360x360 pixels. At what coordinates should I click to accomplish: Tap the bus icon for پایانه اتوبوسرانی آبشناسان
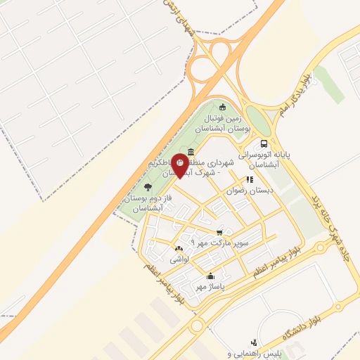[263, 143]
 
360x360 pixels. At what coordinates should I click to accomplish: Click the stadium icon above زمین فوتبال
[223, 108]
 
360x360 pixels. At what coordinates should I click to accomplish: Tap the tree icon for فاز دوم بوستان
[148, 186]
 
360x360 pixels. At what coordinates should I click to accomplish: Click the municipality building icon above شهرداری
[191, 152]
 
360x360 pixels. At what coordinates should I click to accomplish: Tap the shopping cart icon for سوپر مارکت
[220, 232]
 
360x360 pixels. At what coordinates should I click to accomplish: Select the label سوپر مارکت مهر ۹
[211, 243]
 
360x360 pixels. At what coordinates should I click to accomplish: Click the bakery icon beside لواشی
[179, 249]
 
